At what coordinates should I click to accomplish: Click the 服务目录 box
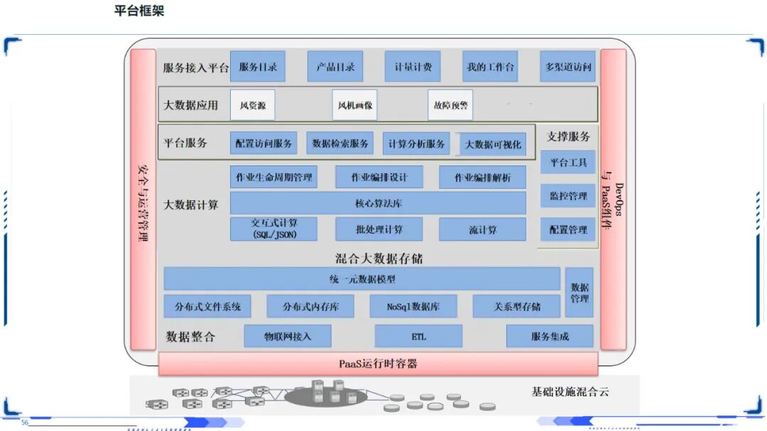pos(259,67)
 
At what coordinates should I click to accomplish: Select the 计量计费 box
pos(413,67)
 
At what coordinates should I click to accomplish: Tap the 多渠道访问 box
pos(567,67)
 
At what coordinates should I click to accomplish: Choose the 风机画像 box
pos(353,105)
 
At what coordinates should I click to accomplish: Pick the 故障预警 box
pos(450,105)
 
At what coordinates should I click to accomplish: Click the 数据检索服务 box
pos(341,143)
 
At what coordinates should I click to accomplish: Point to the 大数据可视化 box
pos(493,144)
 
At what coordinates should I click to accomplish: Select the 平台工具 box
pos(568,162)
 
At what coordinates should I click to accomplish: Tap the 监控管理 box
pos(568,195)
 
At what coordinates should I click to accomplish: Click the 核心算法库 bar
pos(378,203)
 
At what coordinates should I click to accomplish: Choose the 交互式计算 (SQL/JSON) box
pos(273,229)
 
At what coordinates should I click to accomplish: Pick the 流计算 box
pos(482,229)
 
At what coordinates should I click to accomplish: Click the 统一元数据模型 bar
pos(362,279)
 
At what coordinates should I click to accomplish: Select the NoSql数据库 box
pos(413,307)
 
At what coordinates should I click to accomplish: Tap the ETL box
pos(418,336)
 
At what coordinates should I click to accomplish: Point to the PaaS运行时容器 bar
pos(378,364)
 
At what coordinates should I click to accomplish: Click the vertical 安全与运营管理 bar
pos(143,200)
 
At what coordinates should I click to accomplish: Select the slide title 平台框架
pos(139,11)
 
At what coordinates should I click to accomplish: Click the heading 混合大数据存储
pos(379,258)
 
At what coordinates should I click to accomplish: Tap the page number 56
pos(25,422)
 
